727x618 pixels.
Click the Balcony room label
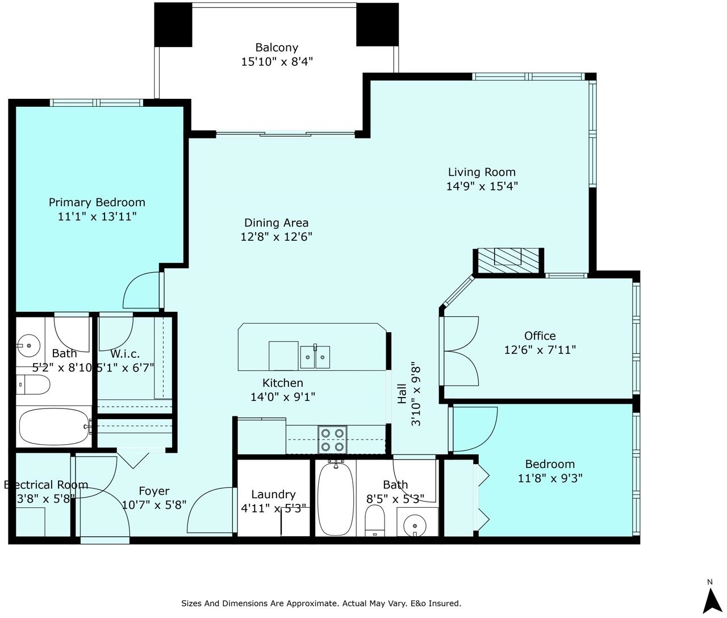coord(277,48)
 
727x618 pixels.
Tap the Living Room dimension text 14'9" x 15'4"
coord(482,186)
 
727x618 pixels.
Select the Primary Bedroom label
coord(97,202)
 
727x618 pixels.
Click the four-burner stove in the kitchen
coord(332,439)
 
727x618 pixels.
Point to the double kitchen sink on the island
coord(315,357)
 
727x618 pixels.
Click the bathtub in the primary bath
coord(54,427)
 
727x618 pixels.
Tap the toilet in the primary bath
coord(34,385)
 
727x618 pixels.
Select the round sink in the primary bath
coord(28,346)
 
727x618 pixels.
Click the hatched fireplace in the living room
coord(508,261)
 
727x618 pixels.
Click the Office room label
coord(540,336)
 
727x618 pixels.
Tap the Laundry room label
coord(273,495)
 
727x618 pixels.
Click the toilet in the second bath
coord(375,520)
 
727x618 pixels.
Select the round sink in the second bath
coord(415,526)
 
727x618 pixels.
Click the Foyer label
coord(154,491)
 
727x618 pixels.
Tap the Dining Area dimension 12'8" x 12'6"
coord(277,237)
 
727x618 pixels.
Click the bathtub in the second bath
coord(335,499)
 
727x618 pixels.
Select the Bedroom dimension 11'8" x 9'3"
coord(550,478)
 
